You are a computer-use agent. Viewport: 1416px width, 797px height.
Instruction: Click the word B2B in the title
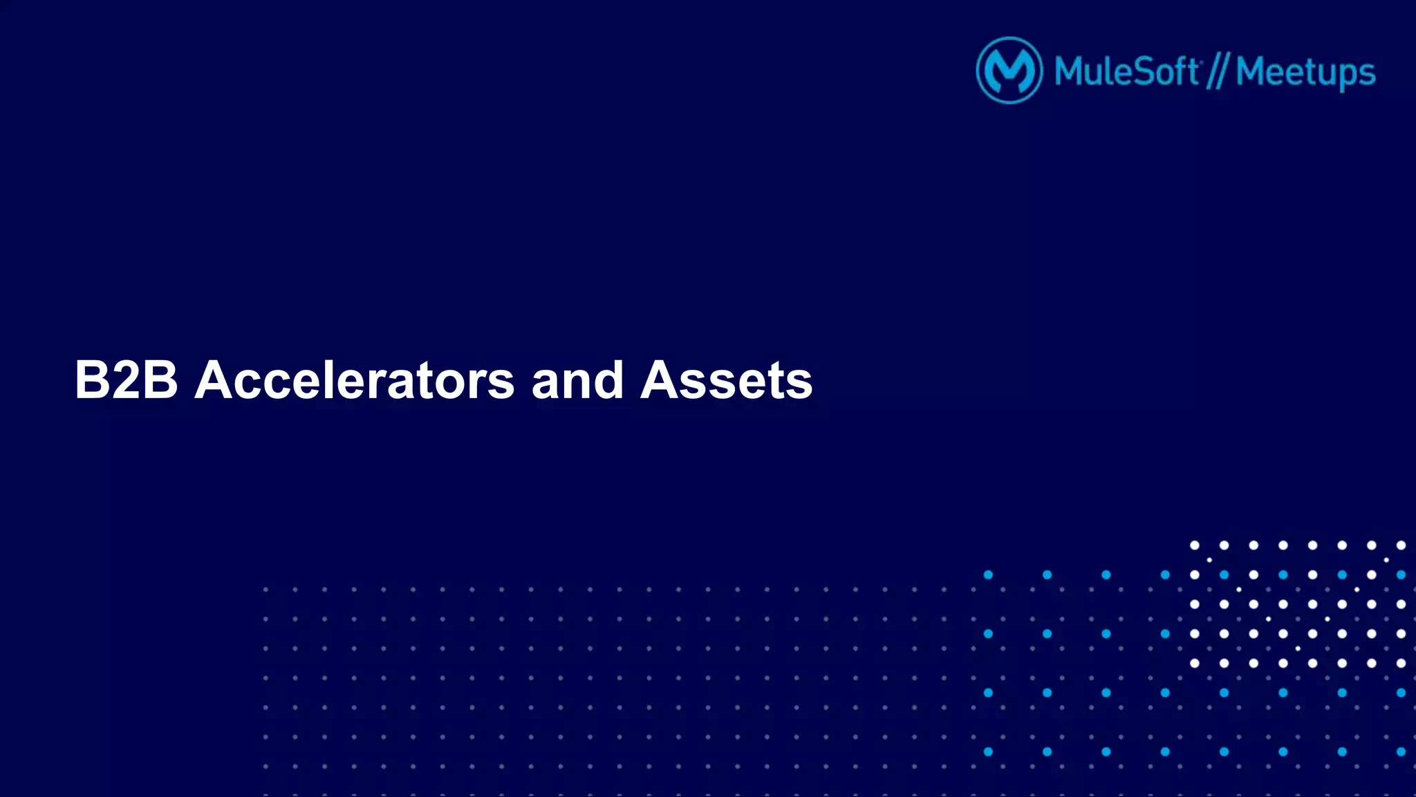click(x=126, y=380)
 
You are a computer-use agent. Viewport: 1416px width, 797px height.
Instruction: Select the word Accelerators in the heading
click(x=354, y=380)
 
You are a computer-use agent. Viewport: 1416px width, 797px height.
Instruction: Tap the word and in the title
click(x=577, y=380)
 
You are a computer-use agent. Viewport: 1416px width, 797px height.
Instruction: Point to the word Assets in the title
click(x=726, y=380)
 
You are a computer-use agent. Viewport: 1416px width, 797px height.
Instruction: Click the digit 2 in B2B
click(x=126, y=380)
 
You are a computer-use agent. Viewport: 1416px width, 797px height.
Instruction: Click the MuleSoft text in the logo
click(x=1126, y=71)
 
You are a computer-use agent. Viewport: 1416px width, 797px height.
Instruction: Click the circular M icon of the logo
click(x=1009, y=71)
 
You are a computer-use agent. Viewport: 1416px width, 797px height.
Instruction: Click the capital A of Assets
click(x=662, y=380)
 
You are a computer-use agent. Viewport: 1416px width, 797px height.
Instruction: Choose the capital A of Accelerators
click(x=217, y=380)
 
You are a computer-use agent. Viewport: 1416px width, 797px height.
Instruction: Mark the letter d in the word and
click(x=608, y=380)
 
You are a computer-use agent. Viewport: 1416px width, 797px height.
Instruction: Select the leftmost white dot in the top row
click(x=1194, y=545)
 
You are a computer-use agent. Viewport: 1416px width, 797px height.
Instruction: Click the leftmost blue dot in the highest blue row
click(x=988, y=575)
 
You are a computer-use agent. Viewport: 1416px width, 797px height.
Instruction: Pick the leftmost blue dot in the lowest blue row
click(x=988, y=751)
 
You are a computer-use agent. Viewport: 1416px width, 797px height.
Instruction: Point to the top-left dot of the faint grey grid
click(x=265, y=590)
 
